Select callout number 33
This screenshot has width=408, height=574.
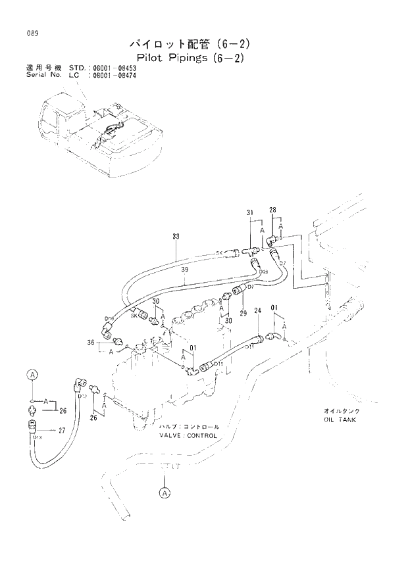176,237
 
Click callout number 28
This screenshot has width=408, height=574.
272,210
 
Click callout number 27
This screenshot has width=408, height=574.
63,431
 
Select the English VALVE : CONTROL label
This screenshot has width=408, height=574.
188,435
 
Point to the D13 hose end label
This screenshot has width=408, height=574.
37,437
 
